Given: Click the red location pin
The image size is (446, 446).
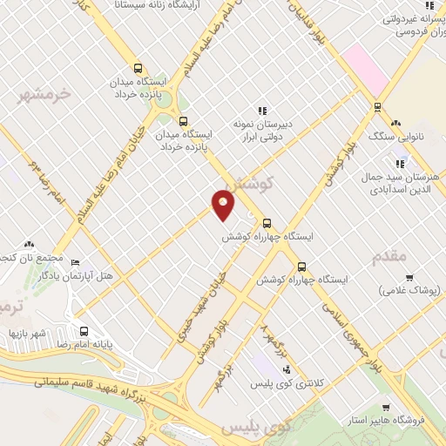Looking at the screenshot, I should pyautogui.click(x=224, y=205).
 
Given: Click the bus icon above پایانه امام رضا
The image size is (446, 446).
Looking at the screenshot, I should pyautogui.click(x=84, y=331).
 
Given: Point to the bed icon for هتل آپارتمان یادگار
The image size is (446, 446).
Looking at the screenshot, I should pyautogui.click(x=75, y=261).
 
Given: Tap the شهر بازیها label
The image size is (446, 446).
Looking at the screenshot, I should pyautogui.click(x=27, y=333).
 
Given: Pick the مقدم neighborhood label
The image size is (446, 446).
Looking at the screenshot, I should pyautogui.click(x=389, y=256).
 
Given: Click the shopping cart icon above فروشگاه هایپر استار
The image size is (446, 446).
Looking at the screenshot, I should pyautogui.click(x=386, y=408).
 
